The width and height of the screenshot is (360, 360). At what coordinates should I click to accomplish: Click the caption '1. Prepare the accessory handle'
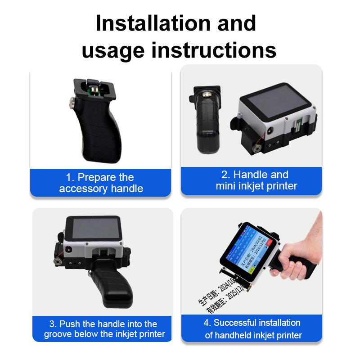click(101, 183)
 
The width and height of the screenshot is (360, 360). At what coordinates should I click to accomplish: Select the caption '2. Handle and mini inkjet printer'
click(254, 180)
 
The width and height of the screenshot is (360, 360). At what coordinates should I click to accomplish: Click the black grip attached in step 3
click(110, 288)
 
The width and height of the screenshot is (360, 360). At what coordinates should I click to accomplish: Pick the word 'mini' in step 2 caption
click(225, 185)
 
